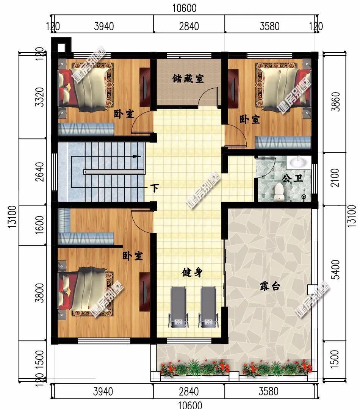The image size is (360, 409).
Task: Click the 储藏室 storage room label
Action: [x=188, y=78]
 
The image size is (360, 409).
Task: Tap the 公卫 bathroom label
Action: [x=293, y=179]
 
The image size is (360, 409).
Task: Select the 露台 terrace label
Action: [x=270, y=287]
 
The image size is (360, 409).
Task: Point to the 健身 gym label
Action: [x=192, y=273]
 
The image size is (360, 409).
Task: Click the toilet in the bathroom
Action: [x=279, y=192]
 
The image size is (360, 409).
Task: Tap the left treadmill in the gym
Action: [x=178, y=307]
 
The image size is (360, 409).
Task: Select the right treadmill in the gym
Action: [x=208, y=307]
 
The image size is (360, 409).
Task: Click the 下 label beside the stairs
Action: [x=155, y=188]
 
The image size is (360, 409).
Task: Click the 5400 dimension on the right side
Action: [x=337, y=270]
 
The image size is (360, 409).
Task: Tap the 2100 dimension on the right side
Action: [x=335, y=178]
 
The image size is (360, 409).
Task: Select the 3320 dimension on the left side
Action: [x=39, y=97]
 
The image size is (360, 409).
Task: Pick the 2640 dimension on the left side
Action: [x=39, y=172]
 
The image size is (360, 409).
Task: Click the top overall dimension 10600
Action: [x=184, y=8]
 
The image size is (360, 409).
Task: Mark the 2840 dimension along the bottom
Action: [x=189, y=392]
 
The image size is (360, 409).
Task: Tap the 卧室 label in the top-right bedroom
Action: [x=250, y=120]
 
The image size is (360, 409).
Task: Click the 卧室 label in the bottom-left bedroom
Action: [x=133, y=256]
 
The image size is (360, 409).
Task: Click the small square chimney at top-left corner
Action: [x=61, y=47]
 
